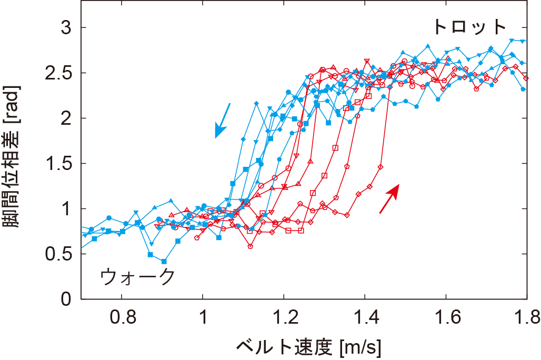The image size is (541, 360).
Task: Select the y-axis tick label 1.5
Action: [x=60, y=163]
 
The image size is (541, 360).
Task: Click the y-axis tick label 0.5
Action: [x=60, y=254]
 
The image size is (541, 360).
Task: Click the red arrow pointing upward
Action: [x=389, y=198]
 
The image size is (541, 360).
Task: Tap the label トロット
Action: [x=469, y=26]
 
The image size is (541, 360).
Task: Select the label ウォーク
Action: [x=137, y=276]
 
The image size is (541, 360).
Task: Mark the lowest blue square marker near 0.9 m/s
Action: [x=164, y=262]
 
